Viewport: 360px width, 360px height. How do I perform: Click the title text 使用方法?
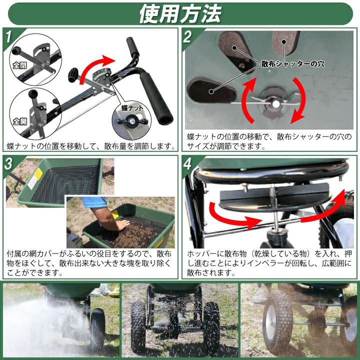point(179,13)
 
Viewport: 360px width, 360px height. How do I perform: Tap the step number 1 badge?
point(8,36)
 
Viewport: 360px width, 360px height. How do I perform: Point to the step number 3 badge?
point(8,164)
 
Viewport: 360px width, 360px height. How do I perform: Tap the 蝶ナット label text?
point(131,107)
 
